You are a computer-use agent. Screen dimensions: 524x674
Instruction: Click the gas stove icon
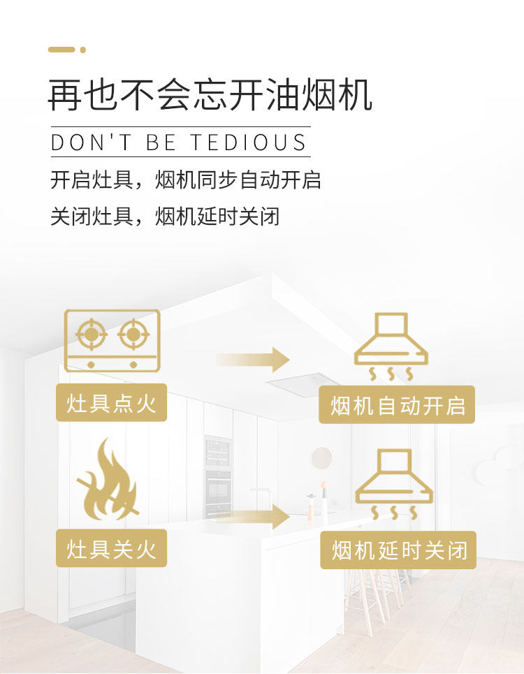[x=112, y=340]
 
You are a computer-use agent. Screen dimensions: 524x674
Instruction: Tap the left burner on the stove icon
[x=91, y=334]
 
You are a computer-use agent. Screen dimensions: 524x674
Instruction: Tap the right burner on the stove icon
[x=133, y=334]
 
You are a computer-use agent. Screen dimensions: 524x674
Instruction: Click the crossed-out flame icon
[x=108, y=479]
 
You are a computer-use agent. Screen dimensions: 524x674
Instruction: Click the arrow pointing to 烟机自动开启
[x=252, y=360]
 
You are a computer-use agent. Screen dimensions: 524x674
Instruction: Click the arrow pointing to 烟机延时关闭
[x=252, y=517]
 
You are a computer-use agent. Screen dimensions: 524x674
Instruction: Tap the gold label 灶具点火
[x=111, y=403]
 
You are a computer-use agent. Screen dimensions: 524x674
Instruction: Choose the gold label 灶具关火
[x=111, y=548]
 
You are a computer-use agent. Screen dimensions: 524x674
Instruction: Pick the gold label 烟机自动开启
[x=397, y=404]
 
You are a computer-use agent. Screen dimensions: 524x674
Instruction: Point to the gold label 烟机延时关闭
[x=398, y=550]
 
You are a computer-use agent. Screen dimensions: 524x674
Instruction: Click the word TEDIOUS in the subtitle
[x=249, y=142]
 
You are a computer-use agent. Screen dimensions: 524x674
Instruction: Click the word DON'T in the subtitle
[x=91, y=142]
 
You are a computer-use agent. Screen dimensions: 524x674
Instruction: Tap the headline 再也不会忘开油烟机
[x=210, y=95]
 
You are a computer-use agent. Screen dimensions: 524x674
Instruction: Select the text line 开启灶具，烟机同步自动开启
[x=186, y=180]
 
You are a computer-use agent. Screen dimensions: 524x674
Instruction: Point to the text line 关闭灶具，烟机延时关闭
[x=165, y=217]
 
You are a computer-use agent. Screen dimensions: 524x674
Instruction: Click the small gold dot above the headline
[x=83, y=50]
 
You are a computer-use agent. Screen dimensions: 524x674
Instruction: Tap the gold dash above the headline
[x=61, y=50]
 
